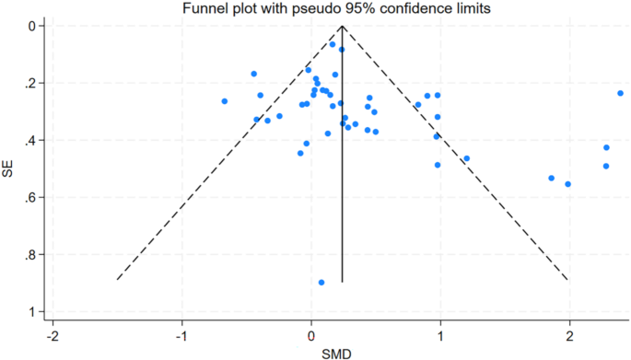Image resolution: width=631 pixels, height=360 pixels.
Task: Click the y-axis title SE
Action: (x=8, y=169)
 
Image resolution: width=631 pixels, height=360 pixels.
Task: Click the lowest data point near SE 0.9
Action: (x=321, y=283)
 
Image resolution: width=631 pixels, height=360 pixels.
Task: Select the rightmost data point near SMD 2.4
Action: (x=621, y=93)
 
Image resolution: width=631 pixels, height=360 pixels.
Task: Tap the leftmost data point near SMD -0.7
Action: (x=224, y=101)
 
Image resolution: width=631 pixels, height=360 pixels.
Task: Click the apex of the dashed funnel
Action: (x=343, y=27)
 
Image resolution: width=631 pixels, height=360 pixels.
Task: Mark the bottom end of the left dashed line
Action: (x=117, y=279)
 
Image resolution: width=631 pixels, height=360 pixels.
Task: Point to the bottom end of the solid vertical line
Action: (x=343, y=282)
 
